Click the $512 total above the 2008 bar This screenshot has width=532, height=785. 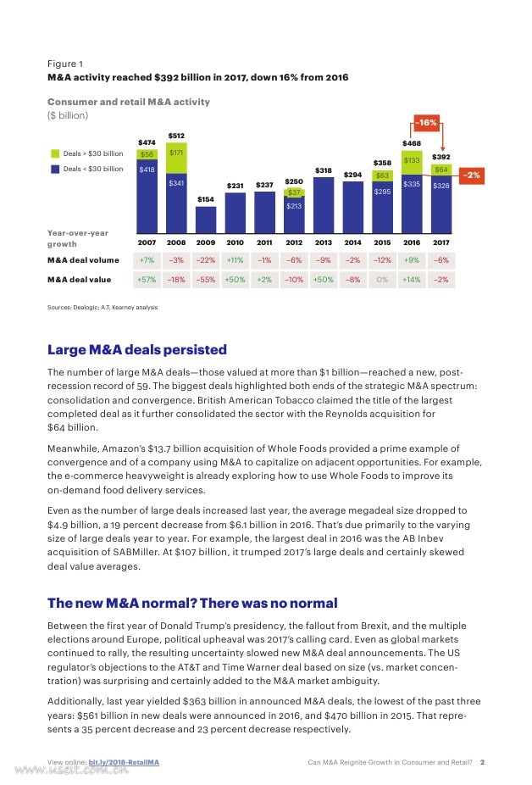click(x=176, y=136)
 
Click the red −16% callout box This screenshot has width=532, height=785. click(x=427, y=122)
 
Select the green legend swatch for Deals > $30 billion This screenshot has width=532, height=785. click(x=54, y=153)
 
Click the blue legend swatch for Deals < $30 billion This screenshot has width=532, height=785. click(x=54, y=169)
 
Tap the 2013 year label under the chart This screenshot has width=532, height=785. click(x=323, y=242)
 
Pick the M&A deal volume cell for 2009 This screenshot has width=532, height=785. click(x=206, y=260)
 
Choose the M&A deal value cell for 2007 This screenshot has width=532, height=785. click(x=147, y=280)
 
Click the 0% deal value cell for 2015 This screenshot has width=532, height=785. click(x=382, y=280)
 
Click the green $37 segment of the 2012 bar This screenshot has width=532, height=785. click(x=294, y=192)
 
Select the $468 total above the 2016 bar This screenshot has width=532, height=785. click(x=412, y=143)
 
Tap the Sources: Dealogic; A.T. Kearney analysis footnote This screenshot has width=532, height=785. click(x=103, y=306)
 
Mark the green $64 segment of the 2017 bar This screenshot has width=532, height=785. click(x=441, y=170)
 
